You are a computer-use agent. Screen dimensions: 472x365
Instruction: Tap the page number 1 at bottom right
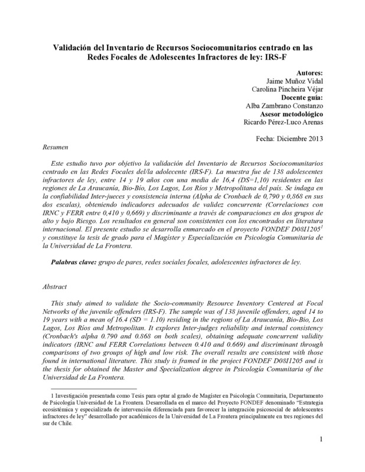320,455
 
